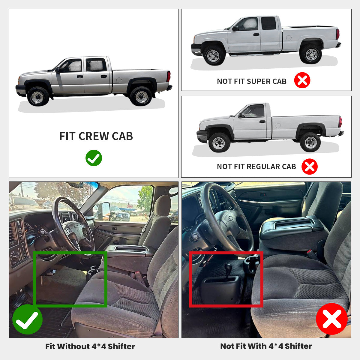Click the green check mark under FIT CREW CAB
(x=94, y=158)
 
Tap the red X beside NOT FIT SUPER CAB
(x=302, y=80)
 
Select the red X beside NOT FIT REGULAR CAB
(x=309, y=166)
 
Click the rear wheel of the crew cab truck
(x=141, y=96)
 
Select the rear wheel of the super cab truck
(x=311, y=54)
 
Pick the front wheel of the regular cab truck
(x=219, y=142)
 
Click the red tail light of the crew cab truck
(x=169, y=76)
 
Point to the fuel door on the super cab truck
(x=289, y=38)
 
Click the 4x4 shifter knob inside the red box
(x=228, y=267)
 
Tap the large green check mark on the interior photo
(x=27, y=319)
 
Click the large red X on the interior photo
(x=331, y=319)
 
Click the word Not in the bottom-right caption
(x=227, y=346)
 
